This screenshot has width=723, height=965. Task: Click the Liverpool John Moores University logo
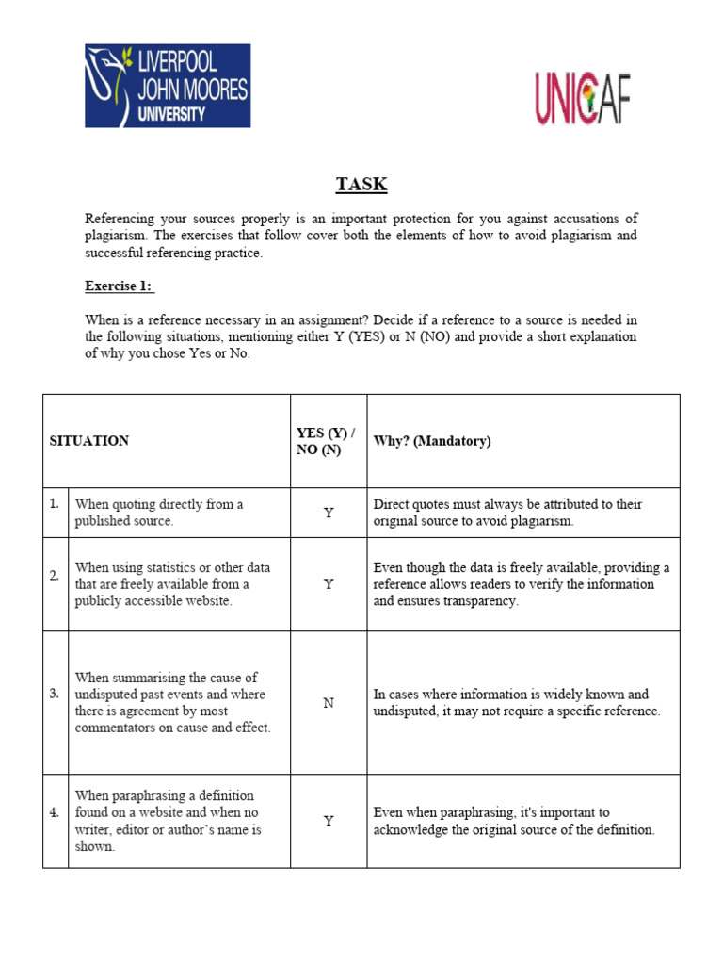[168, 85]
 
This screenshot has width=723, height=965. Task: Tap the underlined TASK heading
[361, 184]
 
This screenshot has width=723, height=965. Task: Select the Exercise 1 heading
[120, 286]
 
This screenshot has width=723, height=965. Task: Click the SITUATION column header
[89, 441]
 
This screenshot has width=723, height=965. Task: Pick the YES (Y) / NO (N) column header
[325, 441]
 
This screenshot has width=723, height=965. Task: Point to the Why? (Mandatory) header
[432, 441]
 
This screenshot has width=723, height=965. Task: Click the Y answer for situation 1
[329, 513]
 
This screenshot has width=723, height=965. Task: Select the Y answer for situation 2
[329, 584]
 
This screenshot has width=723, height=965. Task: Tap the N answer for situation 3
[329, 703]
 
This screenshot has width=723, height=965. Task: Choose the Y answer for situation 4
[329, 821]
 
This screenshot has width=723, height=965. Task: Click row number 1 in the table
[55, 504]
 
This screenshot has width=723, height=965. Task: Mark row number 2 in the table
[55, 576]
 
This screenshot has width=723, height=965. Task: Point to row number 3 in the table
[55, 695]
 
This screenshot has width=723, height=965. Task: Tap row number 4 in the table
[55, 812]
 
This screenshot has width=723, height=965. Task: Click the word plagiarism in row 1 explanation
[540, 521]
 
